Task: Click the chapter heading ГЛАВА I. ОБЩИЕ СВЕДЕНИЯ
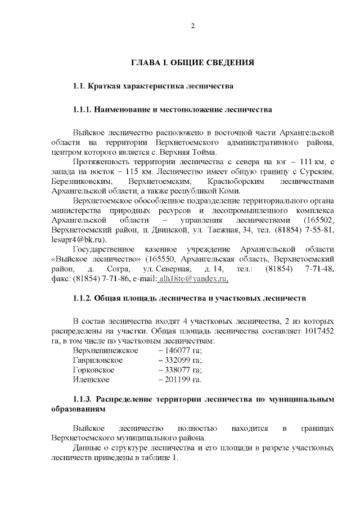(192, 62)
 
